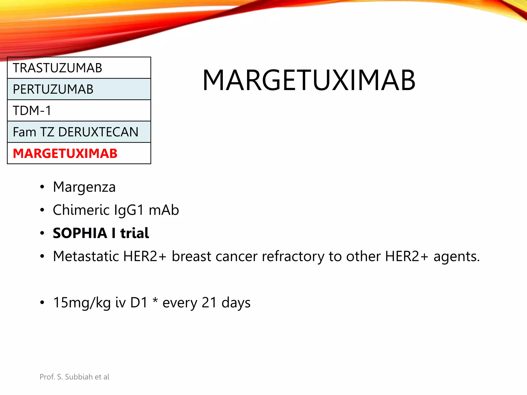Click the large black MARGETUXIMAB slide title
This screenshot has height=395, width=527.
[x=309, y=80]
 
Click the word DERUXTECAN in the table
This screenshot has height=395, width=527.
[x=98, y=132]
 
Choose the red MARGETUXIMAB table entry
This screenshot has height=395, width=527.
[x=65, y=154]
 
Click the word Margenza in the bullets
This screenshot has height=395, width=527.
[x=84, y=187]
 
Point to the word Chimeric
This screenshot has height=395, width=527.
[x=81, y=210]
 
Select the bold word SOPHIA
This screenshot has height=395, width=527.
[x=80, y=233]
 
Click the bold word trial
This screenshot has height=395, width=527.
[x=135, y=233]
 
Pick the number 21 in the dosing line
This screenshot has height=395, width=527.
[x=209, y=303]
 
